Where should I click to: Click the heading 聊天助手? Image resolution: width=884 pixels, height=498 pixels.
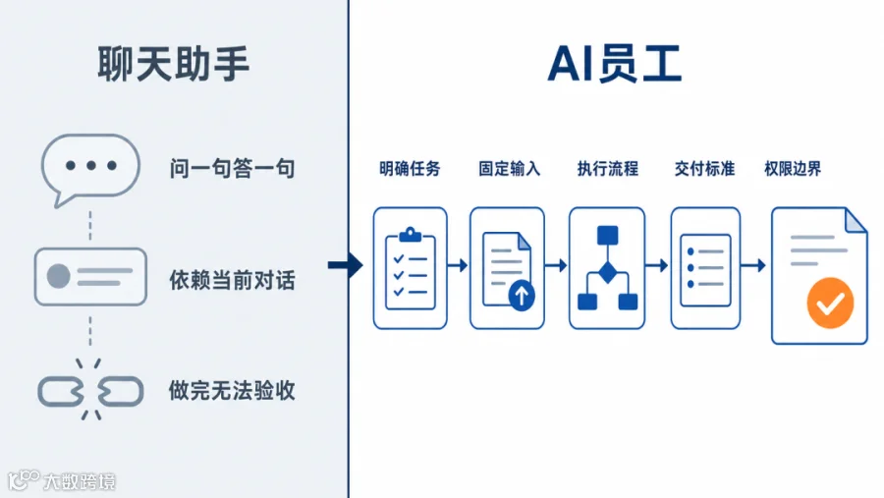(x=173, y=64)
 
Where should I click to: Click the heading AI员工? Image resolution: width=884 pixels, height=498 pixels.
(x=615, y=64)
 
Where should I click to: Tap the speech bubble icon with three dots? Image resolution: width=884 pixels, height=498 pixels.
(x=90, y=169)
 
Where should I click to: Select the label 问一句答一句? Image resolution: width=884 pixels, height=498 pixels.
(x=232, y=169)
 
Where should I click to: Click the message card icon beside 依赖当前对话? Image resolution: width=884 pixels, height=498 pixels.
(x=90, y=277)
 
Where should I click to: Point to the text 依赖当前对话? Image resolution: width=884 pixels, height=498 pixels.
(x=232, y=280)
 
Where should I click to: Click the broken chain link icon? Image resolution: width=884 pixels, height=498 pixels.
(x=90, y=390)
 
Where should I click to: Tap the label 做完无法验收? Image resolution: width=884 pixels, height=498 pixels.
(x=232, y=390)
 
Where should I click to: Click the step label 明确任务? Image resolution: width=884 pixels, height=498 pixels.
(x=410, y=169)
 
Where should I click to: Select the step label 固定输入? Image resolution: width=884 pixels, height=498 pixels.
(x=509, y=169)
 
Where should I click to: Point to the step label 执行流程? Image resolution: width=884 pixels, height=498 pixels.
(x=608, y=169)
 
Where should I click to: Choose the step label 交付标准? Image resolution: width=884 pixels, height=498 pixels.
(x=704, y=169)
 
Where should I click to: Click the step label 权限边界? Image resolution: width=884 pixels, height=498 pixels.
(x=793, y=169)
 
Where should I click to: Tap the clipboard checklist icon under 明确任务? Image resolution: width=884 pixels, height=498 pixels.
(x=410, y=268)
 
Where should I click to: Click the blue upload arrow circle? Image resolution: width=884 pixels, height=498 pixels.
(x=522, y=295)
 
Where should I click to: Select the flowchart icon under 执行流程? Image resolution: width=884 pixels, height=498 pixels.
(x=608, y=267)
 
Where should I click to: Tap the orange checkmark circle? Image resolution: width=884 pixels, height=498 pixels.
(x=830, y=303)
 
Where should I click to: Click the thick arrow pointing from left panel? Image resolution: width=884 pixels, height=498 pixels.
(x=346, y=265)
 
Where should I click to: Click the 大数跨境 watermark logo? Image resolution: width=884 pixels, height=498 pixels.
(x=62, y=480)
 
